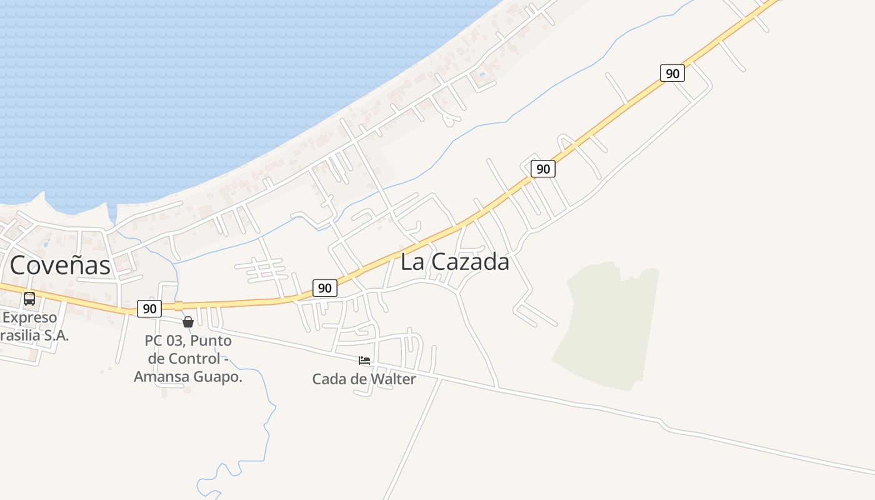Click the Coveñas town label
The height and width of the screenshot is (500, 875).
[x=60, y=265]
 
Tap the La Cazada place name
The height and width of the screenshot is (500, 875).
[x=454, y=262]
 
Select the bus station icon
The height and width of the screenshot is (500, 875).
[x=29, y=299]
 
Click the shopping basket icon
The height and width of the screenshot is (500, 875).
[x=187, y=322]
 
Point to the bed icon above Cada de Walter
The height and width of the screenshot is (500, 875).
[x=364, y=361]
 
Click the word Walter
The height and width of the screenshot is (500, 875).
[x=392, y=379]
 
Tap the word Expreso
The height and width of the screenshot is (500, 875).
[x=30, y=317]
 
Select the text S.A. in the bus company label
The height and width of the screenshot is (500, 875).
[x=54, y=335]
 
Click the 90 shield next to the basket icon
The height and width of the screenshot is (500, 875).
[x=149, y=308]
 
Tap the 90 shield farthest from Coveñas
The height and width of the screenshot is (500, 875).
[x=672, y=73]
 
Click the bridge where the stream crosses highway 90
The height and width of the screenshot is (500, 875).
[x=178, y=306]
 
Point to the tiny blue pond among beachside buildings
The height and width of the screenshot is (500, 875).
[x=481, y=76]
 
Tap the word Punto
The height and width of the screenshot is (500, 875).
[x=211, y=341]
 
